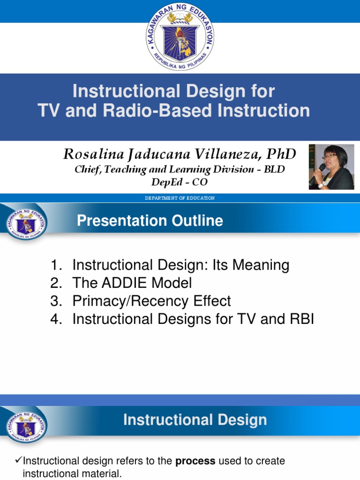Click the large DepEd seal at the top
tap(180, 37)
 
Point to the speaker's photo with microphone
tap(331, 167)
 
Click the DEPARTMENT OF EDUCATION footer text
tap(180, 198)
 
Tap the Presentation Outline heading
tap(150, 221)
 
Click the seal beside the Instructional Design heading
tap(27, 425)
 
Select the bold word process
tap(195, 461)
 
